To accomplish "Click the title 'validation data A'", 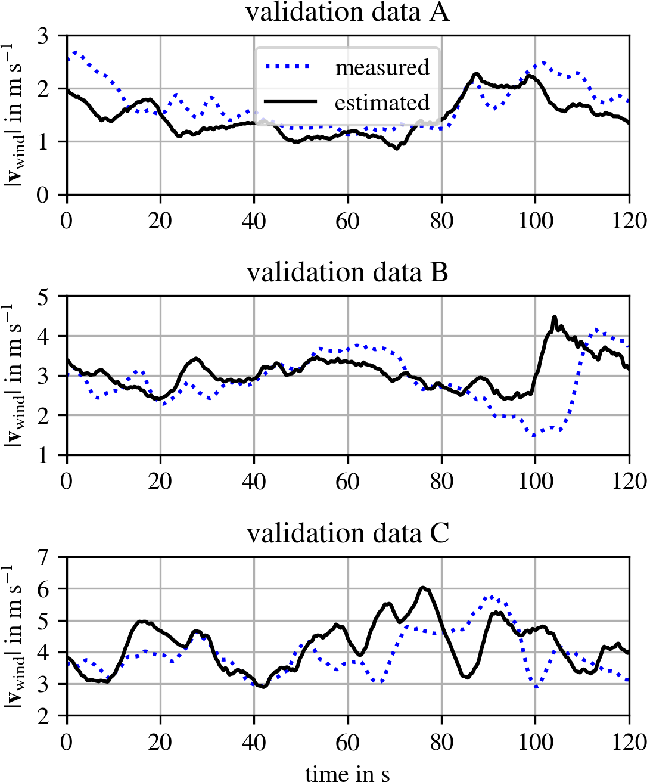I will coord(347,12).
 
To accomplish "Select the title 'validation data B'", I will coord(347,272).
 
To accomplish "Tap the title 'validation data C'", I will coord(347,533).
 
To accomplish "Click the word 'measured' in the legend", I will coord(382,67).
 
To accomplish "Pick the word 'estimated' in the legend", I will coord(382,103).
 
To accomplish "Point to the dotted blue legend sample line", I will coord(290,67).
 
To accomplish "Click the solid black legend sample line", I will coord(290,102).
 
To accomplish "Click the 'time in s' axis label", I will coord(347,773).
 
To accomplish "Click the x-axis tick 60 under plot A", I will coord(347,221).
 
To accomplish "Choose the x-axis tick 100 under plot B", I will coord(535,481).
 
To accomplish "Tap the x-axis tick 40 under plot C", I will coord(254,742).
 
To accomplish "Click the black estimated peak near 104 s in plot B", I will coord(555,317).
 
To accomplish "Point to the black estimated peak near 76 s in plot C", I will coord(423,588).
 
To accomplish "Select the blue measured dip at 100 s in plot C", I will coord(536,687).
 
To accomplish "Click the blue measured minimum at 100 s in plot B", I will coord(534,436).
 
